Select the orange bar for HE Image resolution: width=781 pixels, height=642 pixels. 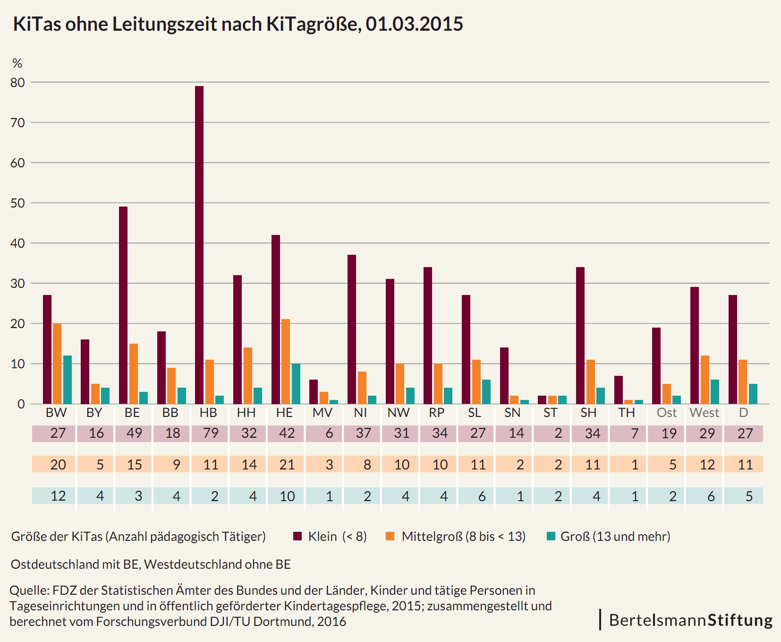tap(286, 362)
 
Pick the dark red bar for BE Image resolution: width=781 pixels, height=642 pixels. tap(123, 305)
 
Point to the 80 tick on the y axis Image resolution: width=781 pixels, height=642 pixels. tap(17, 82)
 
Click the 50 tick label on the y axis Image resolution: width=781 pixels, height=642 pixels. tap(17, 203)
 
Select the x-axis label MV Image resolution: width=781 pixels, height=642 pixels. tap(323, 413)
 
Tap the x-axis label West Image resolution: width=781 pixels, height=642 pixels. tap(704, 413)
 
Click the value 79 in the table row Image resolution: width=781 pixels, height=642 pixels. tap(211, 433)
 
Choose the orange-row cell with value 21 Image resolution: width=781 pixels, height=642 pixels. tap(287, 465)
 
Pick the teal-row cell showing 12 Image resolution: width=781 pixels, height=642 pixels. tap(58, 496)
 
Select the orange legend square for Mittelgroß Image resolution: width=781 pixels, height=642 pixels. tap(390, 536)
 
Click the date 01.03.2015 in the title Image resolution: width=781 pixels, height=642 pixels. tap(414, 24)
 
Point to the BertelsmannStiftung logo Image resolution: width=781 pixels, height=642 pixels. tap(690, 620)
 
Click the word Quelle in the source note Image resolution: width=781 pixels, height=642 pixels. tap(29, 590)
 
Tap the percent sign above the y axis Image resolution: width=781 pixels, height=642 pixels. tap(17, 63)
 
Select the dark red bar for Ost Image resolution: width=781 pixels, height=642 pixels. tap(656, 366)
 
